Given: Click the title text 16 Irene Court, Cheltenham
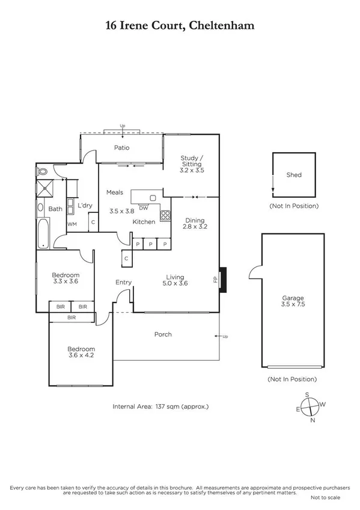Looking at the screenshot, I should pos(180,25).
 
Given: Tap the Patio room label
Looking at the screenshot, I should pos(122,147).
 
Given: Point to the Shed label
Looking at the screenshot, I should pos(294,175).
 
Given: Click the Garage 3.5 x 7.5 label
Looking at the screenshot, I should pos(293,301).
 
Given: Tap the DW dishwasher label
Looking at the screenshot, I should pos(143,209).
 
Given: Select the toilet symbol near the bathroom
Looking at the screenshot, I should pos(43,171).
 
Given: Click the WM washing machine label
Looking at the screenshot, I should pos(72,224).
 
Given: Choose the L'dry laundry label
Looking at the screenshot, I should pos(85,206).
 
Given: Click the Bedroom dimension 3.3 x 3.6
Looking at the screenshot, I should pos(66,281).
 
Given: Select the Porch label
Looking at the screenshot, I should pos(163,334).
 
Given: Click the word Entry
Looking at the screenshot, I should pos(124,282).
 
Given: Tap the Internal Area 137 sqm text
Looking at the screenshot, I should pos(160,407).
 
